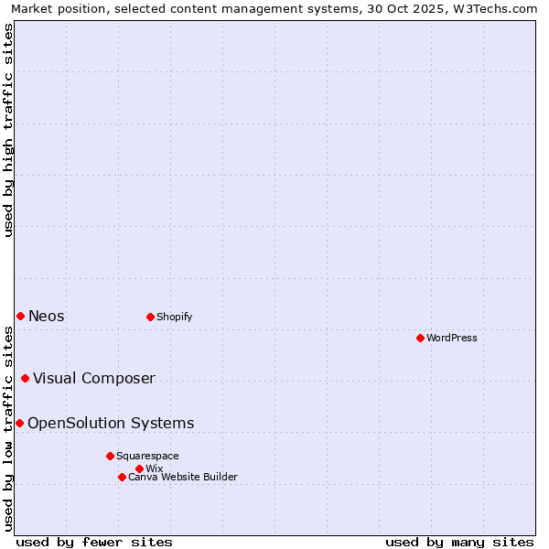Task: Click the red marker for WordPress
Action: (x=420, y=338)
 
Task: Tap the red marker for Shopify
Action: (x=150, y=317)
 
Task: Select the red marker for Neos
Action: (x=20, y=316)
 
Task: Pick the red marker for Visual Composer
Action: (x=25, y=378)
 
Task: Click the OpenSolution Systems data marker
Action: (x=19, y=423)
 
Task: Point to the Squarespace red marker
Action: (x=110, y=456)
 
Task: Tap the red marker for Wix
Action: (x=139, y=468)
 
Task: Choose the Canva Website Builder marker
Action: (x=122, y=477)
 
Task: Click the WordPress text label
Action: (x=452, y=338)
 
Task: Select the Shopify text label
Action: (x=174, y=317)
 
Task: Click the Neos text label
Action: (x=47, y=316)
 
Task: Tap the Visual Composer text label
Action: (x=94, y=378)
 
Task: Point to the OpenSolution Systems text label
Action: (x=111, y=423)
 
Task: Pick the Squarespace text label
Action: (x=147, y=456)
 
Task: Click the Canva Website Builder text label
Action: (x=183, y=477)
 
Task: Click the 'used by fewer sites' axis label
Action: (x=94, y=542)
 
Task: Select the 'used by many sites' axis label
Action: (x=459, y=542)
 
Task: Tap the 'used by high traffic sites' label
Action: (x=8, y=130)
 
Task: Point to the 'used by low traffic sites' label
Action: (x=8, y=428)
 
